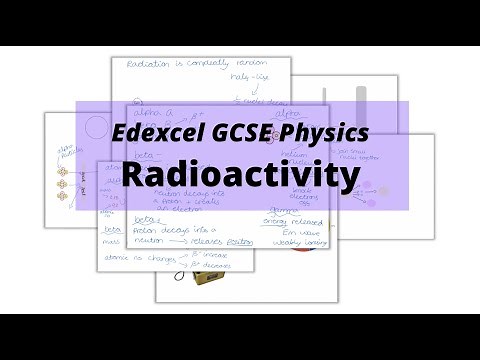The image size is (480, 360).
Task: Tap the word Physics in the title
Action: click(321, 132)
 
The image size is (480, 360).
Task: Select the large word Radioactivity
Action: click(240, 175)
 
